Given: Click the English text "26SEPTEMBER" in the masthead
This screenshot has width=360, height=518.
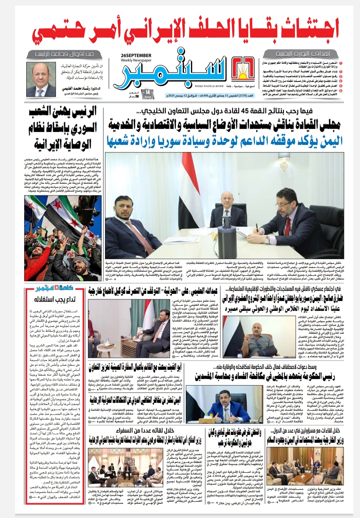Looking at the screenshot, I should (x=136, y=55).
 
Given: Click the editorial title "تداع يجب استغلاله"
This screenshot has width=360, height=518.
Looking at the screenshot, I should (x=55, y=300).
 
